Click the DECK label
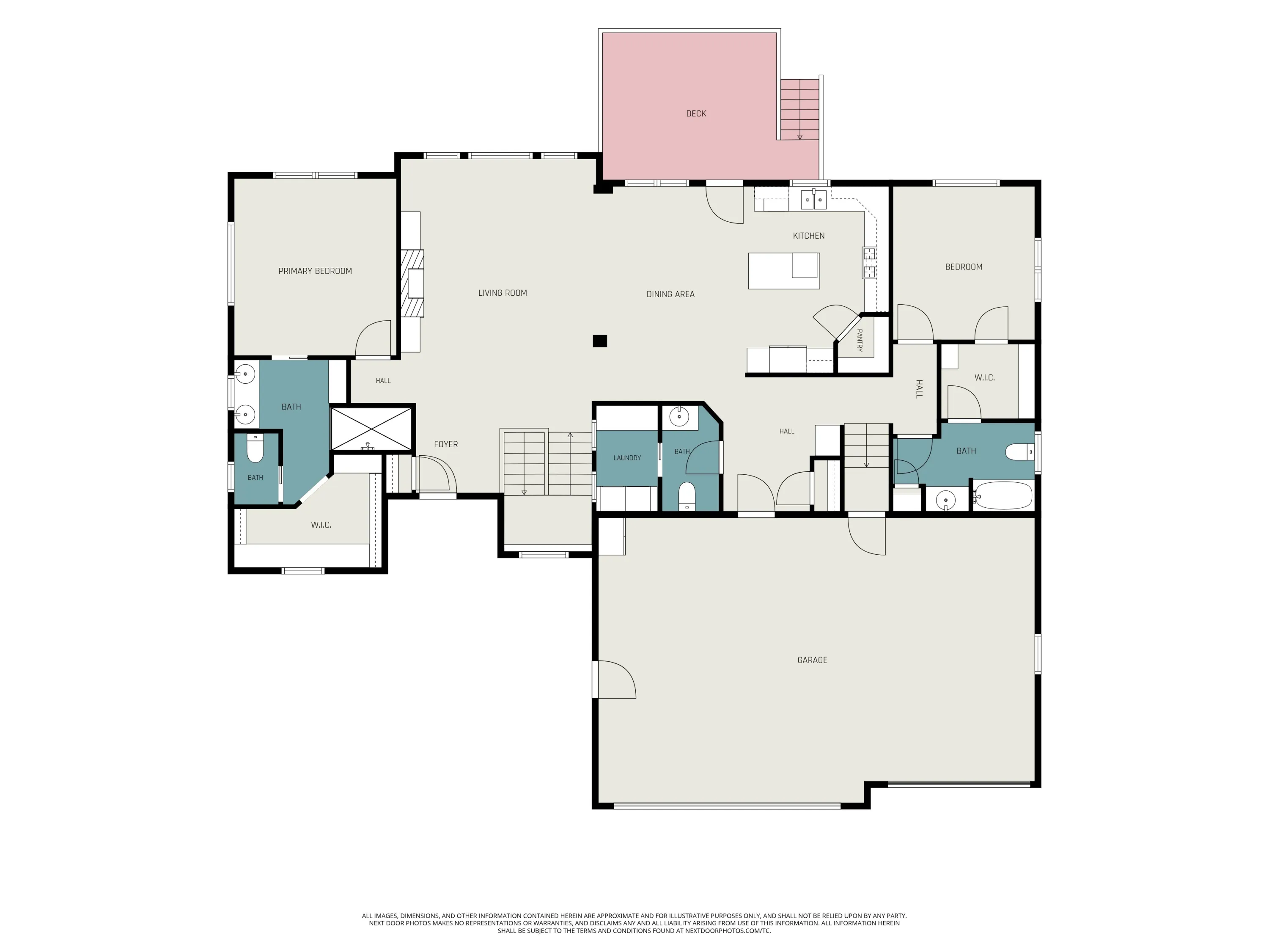point(696,114)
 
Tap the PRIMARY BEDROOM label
point(315,271)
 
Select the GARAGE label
point(812,660)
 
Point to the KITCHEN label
point(808,236)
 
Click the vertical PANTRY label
point(860,340)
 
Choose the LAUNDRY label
point(627,458)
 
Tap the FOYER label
point(446,444)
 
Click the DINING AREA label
point(670,294)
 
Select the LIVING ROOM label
point(503,293)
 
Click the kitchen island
point(784,270)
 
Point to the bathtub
point(1003,496)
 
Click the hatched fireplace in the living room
point(412,283)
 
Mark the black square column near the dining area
point(599,341)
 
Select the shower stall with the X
point(372,429)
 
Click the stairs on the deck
point(799,109)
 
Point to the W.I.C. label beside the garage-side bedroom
point(984,377)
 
